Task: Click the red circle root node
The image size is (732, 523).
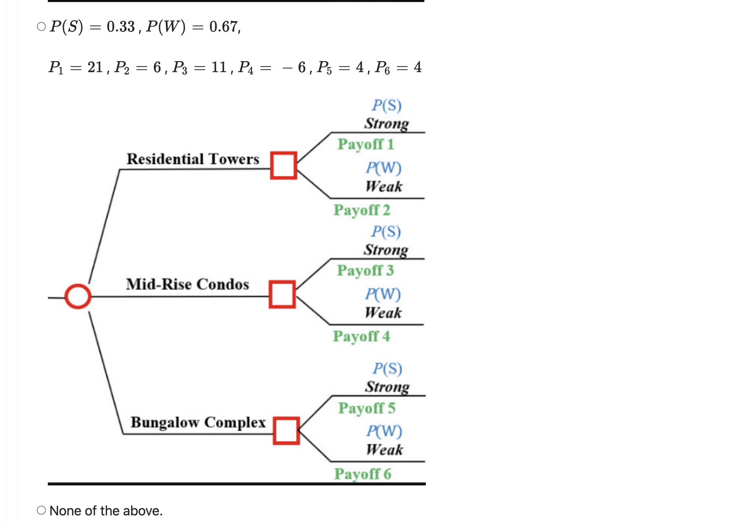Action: (78, 296)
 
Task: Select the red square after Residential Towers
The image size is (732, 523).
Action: (284, 165)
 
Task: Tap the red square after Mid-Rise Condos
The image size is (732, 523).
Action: (282, 294)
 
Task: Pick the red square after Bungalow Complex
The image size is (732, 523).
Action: (286, 431)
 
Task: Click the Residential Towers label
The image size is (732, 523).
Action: (193, 159)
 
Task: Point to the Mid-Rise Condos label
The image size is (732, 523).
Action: (187, 284)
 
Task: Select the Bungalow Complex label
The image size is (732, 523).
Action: (198, 422)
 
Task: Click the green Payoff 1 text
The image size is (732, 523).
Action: (366, 144)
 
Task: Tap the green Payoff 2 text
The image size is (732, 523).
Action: (362, 210)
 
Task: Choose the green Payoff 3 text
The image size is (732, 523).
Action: (365, 271)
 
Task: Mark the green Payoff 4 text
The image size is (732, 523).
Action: (361, 337)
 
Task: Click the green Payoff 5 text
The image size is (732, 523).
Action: (367, 408)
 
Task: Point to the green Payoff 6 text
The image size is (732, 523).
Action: (363, 474)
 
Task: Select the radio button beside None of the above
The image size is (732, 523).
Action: (41, 510)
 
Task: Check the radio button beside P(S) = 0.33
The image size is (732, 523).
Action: (41, 27)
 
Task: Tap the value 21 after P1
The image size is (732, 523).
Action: (95, 67)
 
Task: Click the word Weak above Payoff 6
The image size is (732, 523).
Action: (384, 450)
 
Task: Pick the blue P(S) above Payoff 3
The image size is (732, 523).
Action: (386, 231)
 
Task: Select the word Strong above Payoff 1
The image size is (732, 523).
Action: (387, 123)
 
